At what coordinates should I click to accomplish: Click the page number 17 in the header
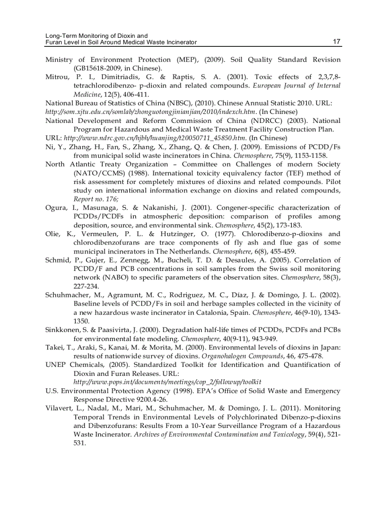pyautogui.click(x=336, y=42)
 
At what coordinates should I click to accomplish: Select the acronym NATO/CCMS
pyautogui.click(x=98, y=173)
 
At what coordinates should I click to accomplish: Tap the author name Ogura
pyautogui.click(x=55, y=208)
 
